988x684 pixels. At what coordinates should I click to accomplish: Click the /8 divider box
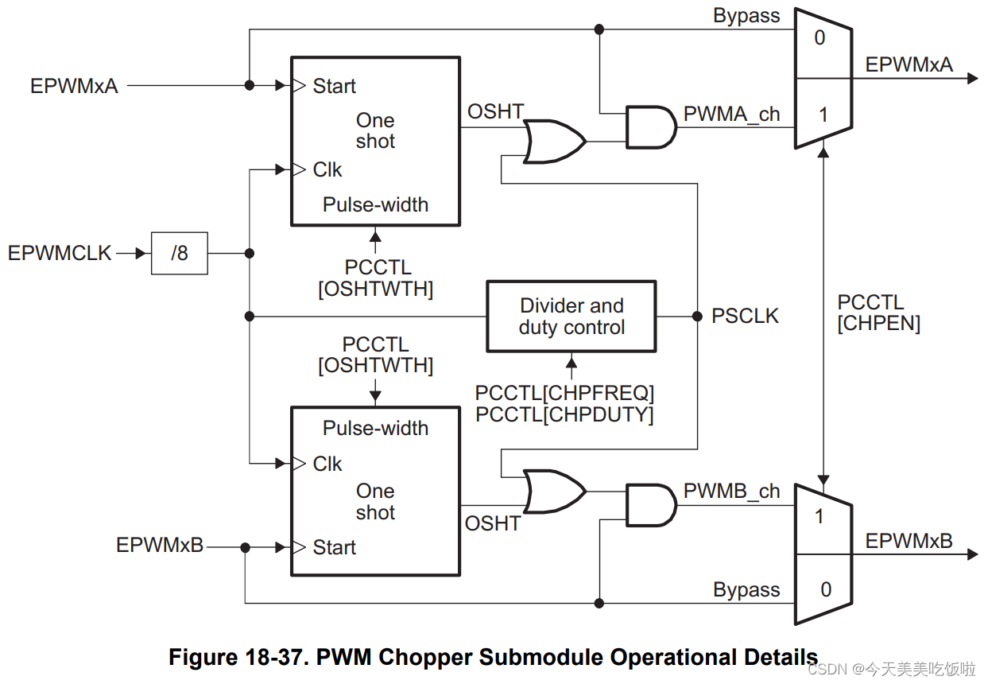click(180, 254)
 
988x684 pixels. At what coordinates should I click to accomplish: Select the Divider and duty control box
click(571, 317)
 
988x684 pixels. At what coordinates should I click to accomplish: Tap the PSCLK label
click(745, 317)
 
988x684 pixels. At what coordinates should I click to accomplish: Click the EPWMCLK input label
click(60, 254)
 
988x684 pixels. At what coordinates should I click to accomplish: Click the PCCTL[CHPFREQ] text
click(564, 393)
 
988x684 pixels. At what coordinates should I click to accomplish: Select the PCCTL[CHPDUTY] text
click(564, 414)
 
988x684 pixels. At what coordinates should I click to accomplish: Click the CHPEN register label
click(878, 325)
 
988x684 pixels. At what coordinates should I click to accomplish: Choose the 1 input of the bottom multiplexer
click(819, 517)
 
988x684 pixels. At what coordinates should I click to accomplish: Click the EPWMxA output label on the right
click(909, 64)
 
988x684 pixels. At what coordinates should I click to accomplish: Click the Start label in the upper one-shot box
click(334, 86)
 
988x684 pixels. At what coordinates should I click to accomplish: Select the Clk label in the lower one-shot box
click(327, 464)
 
